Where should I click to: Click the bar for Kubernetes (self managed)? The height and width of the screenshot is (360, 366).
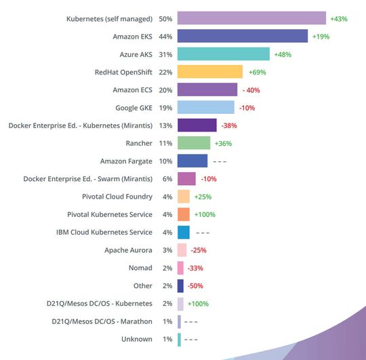click(x=251, y=18)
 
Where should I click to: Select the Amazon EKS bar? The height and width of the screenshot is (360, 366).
click(x=243, y=36)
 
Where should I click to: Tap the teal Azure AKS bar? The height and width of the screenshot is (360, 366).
click(x=223, y=54)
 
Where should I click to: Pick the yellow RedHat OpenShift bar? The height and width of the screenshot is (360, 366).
click(x=209, y=72)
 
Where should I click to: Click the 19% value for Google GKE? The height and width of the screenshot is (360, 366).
click(x=165, y=107)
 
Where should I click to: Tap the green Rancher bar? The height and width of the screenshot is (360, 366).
click(x=194, y=143)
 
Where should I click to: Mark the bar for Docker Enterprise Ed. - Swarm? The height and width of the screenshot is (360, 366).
click(x=186, y=178)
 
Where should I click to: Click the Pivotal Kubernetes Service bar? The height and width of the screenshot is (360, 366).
click(x=184, y=214)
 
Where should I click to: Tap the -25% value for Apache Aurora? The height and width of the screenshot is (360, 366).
click(x=199, y=250)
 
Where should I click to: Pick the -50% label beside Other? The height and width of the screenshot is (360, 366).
click(x=195, y=285)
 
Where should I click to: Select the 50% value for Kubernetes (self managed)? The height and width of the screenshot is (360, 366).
click(x=165, y=18)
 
